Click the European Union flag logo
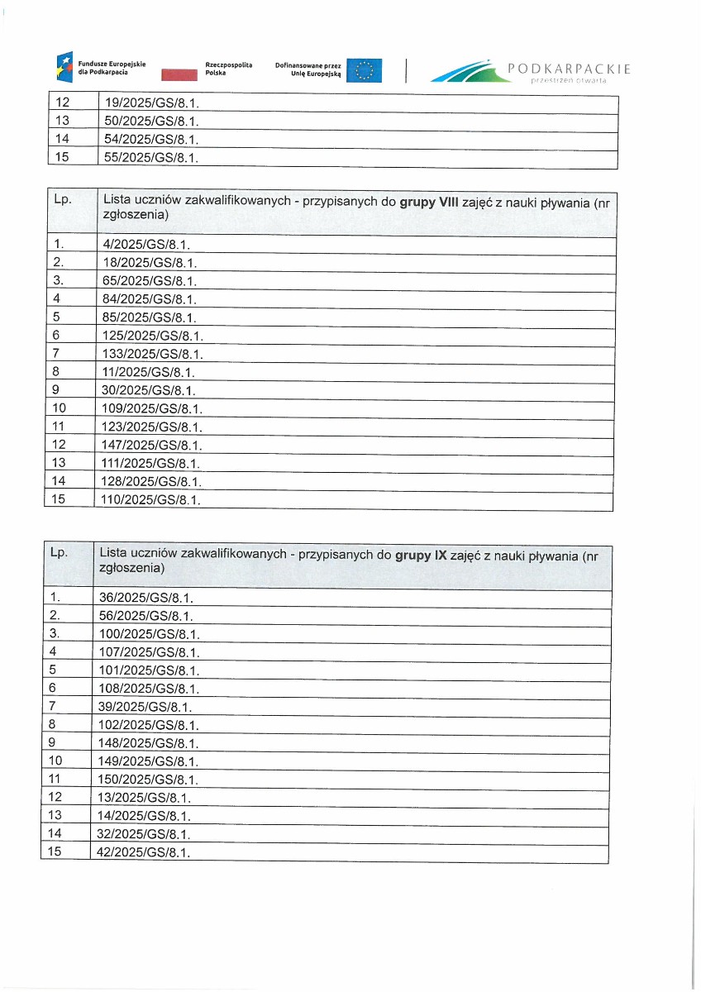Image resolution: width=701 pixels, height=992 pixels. pos(364,71)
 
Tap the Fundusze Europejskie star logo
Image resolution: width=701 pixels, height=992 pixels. pos(64,66)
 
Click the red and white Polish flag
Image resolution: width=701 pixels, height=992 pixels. pos(179,75)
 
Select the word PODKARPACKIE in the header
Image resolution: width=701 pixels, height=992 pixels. pos(570,69)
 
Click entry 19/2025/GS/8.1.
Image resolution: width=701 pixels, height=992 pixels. pos(149,104)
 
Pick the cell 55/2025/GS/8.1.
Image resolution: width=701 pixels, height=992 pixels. pos(149,157)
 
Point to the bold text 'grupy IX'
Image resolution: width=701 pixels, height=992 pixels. pos(422,556)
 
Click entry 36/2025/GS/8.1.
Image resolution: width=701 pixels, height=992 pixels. pos(145,598)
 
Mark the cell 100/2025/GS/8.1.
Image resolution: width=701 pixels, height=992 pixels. pos(149,634)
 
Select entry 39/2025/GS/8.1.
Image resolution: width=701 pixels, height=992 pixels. pos(145,707)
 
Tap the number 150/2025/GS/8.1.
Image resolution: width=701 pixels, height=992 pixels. pos(149,780)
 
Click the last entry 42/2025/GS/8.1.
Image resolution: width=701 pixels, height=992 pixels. pos(145,852)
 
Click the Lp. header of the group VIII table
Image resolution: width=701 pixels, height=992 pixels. pos(62,200)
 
